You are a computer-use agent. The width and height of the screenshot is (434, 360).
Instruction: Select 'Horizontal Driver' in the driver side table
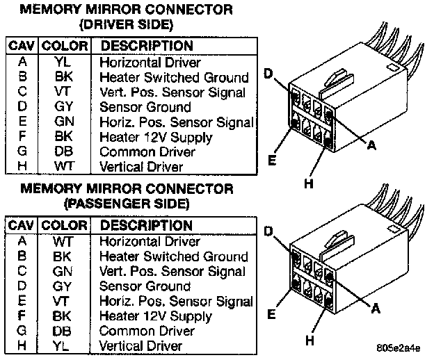(150, 62)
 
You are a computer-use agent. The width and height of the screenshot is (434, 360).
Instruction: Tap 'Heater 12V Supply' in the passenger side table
(156, 316)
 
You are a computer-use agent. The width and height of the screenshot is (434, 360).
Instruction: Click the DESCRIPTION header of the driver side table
(147, 46)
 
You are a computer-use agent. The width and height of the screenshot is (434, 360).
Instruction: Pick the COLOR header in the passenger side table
(65, 226)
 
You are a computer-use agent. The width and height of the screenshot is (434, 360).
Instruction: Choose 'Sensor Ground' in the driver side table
(145, 107)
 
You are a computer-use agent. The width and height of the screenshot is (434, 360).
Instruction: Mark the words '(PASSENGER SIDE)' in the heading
(125, 204)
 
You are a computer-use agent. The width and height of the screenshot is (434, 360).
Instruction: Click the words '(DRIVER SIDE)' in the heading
(125, 24)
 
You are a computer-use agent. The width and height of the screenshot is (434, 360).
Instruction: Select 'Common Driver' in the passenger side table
(147, 331)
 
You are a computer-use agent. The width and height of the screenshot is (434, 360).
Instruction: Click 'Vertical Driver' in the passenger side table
(141, 346)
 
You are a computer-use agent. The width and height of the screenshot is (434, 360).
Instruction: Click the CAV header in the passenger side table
(22, 226)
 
